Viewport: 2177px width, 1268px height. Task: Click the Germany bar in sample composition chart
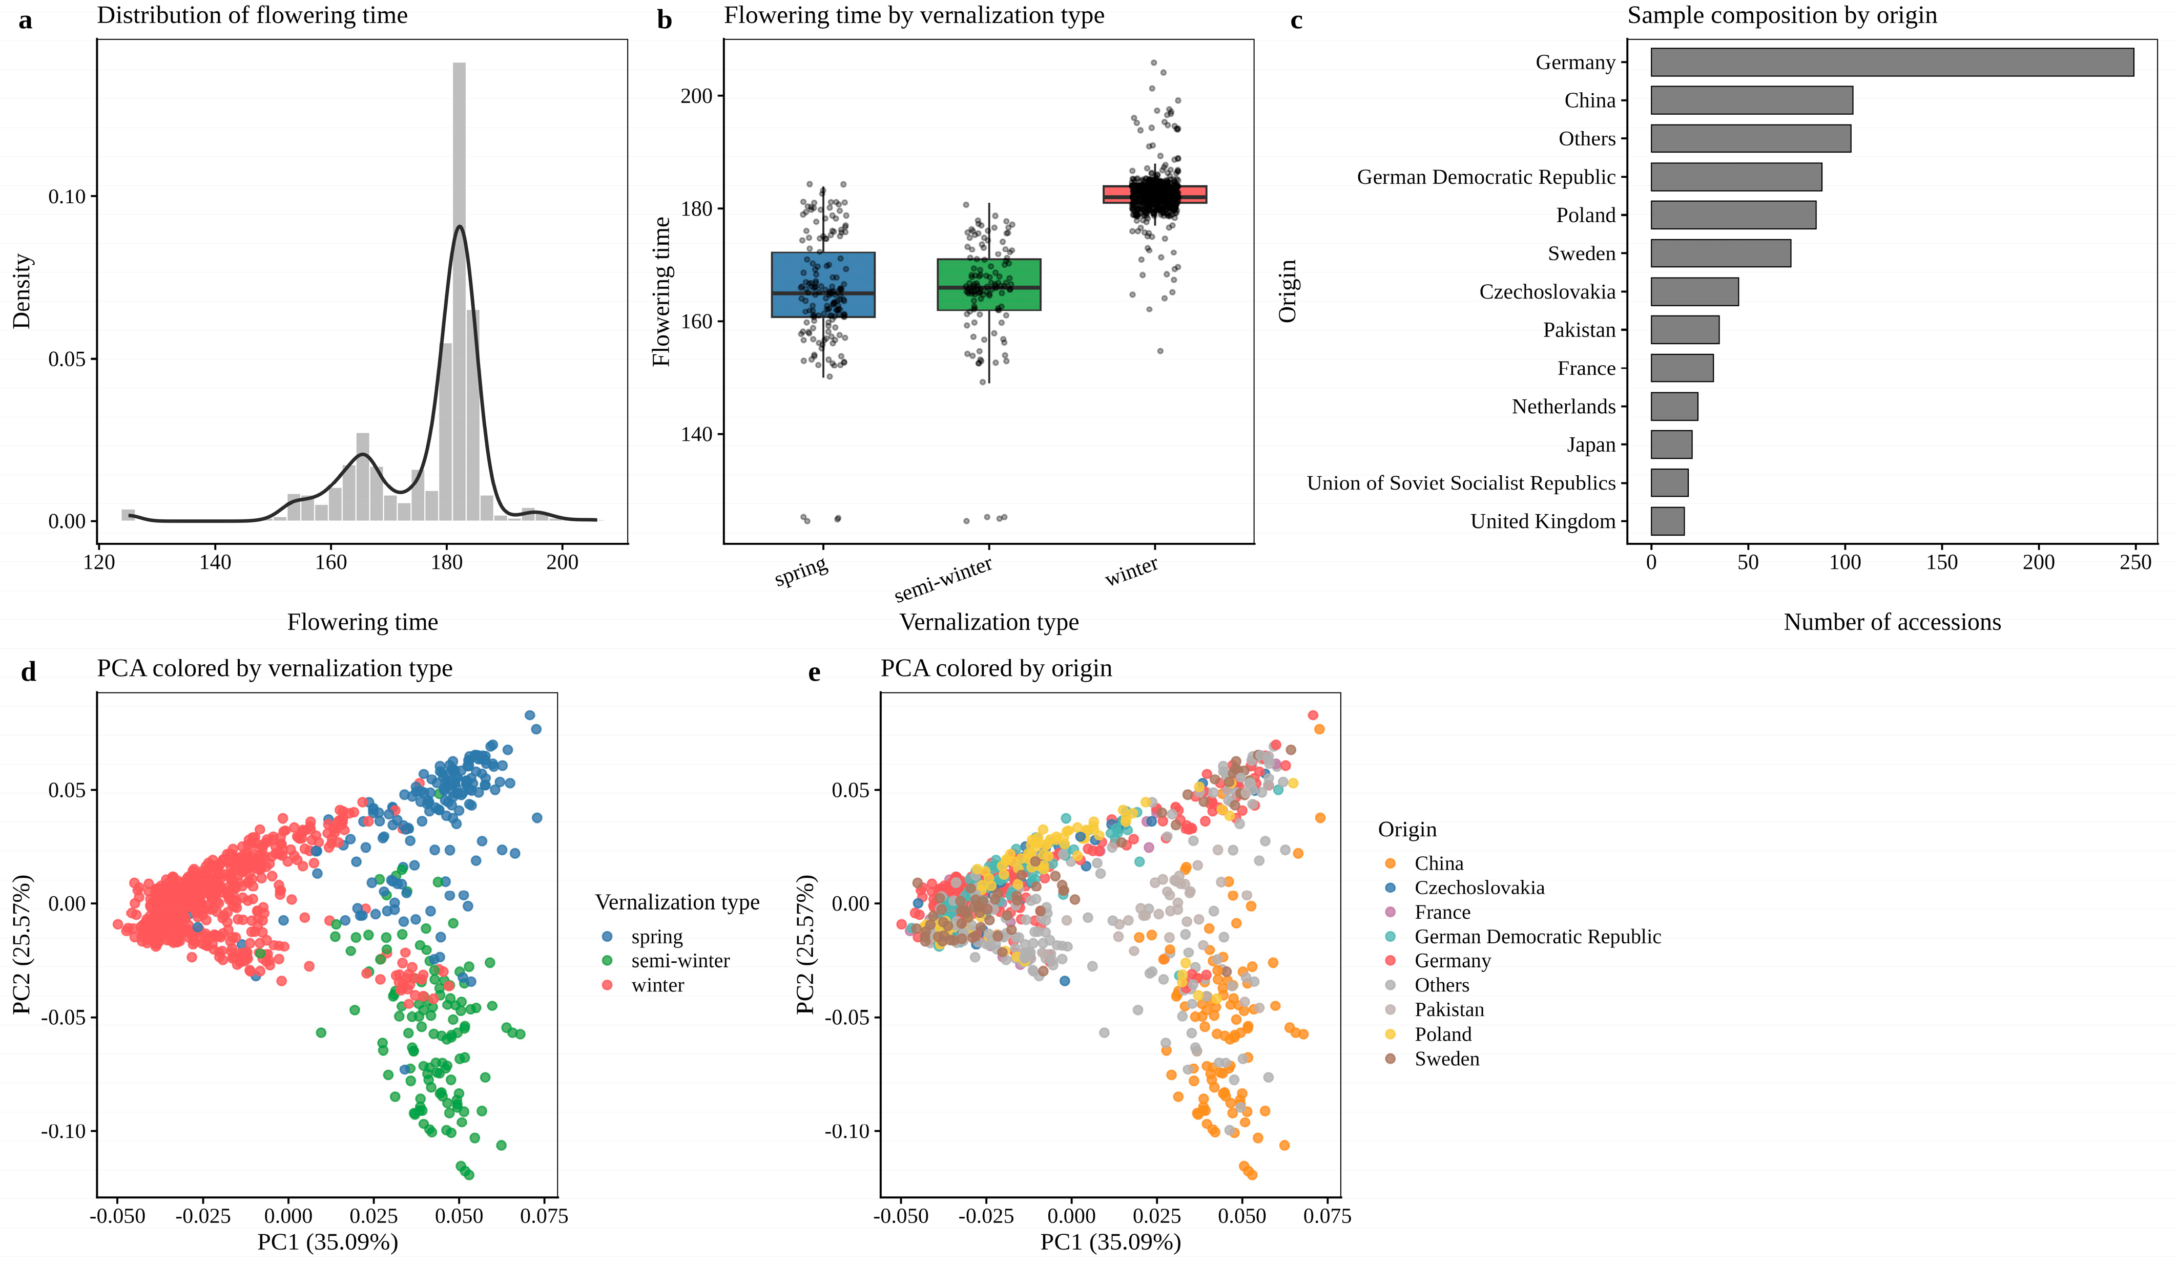pyautogui.click(x=1892, y=62)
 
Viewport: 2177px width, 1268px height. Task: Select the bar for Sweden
pyautogui.click(x=1721, y=253)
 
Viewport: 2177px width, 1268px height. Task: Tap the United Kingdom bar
pyautogui.click(x=1667, y=521)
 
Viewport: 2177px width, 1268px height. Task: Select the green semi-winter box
pyautogui.click(x=989, y=284)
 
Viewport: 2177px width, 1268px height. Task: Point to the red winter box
pyautogui.click(x=1155, y=194)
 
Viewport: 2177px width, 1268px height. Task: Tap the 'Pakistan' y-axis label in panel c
pyautogui.click(x=1579, y=330)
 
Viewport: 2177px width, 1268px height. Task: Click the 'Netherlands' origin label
pyautogui.click(x=1564, y=406)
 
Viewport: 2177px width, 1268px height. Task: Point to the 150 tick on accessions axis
pyautogui.click(x=1942, y=562)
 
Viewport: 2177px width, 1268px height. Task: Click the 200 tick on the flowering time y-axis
pyautogui.click(x=696, y=96)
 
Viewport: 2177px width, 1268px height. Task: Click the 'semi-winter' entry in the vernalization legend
pyautogui.click(x=680, y=961)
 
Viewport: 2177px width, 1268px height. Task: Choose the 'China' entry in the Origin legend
pyautogui.click(x=1438, y=863)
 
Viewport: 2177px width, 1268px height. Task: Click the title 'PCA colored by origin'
pyautogui.click(x=996, y=668)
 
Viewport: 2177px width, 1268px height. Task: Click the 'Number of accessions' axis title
pyautogui.click(x=1892, y=622)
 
